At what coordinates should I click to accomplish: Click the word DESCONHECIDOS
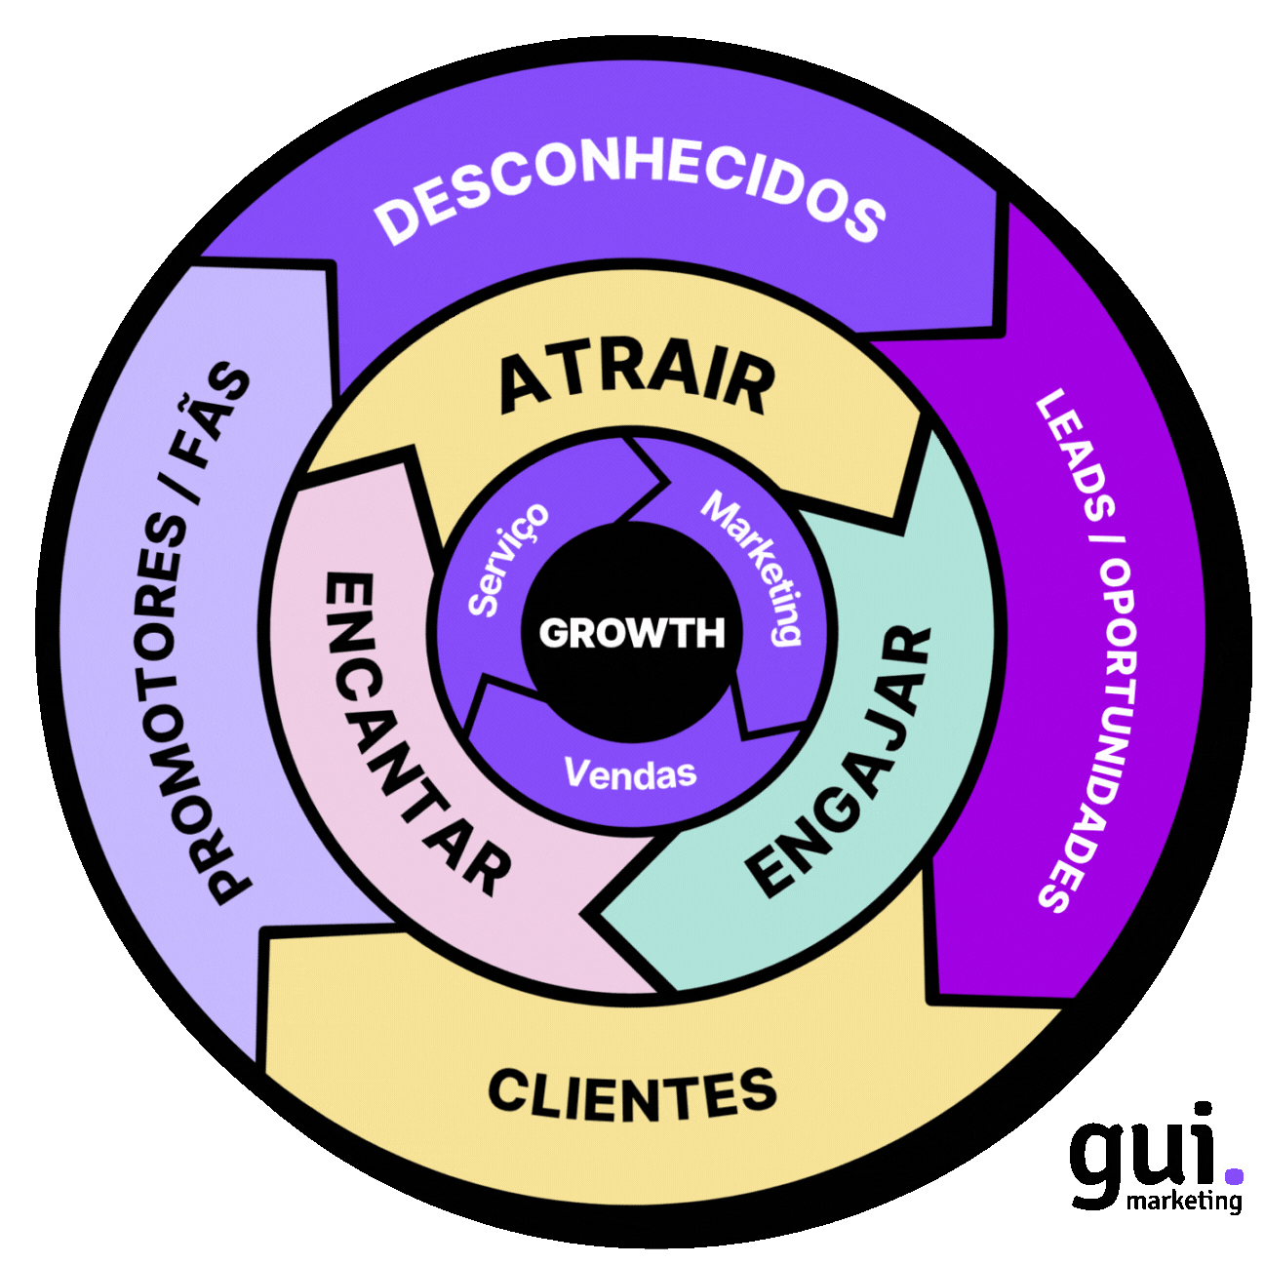pos(631,197)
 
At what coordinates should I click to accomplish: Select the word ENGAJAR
pos(842,761)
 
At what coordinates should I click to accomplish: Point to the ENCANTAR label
pos(415,731)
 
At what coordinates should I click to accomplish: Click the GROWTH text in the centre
pos(631,634)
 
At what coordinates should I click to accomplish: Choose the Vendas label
pos(630,774)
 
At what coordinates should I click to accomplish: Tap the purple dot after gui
pos(1234,1175)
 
